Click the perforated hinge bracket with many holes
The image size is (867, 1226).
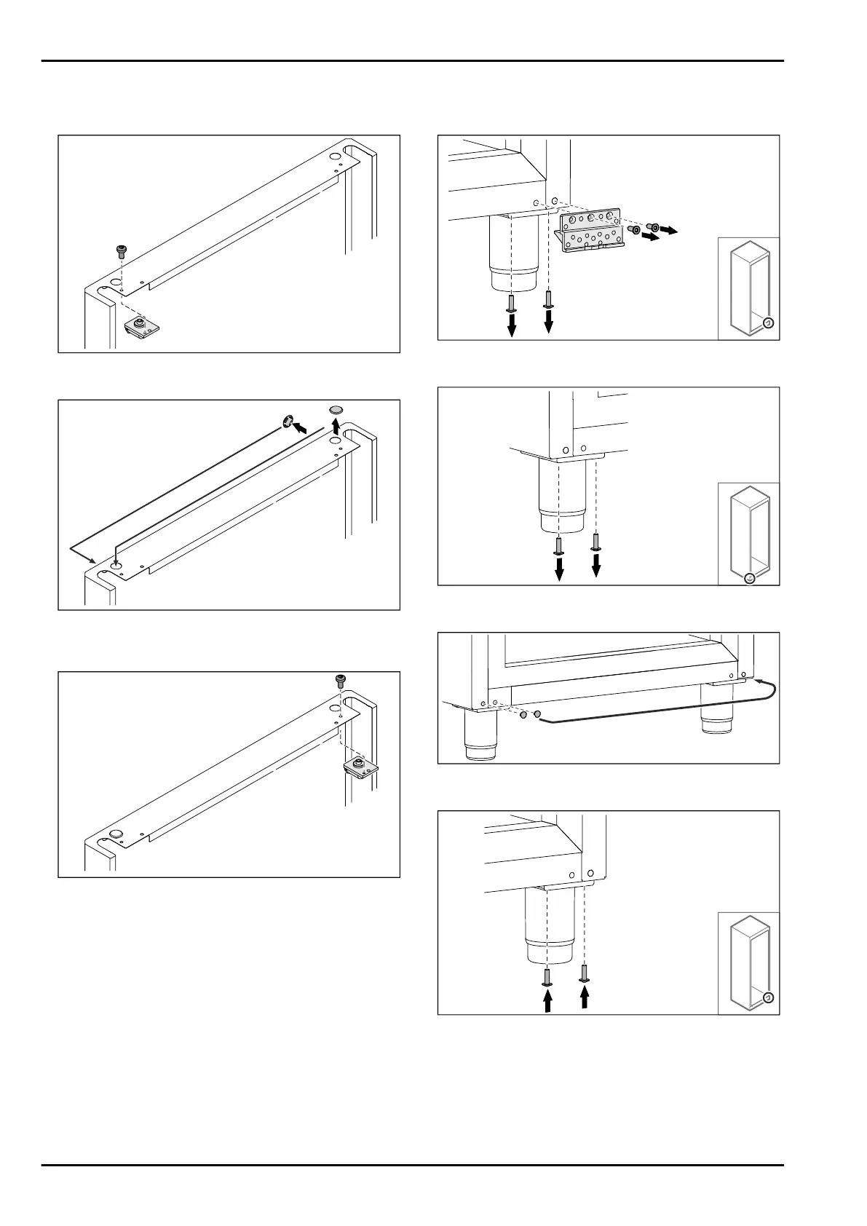click(590, 232)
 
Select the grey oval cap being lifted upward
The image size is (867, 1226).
click(336, 409)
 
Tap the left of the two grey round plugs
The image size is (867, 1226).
click(523, 716)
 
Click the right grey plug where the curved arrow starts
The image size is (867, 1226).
click(537, 716)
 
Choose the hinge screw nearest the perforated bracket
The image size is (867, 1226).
click(633, 230)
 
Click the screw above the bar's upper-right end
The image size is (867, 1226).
click(340, 680)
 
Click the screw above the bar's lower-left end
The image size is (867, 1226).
click(121, 252)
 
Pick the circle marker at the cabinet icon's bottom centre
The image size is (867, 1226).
click(750, 578)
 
